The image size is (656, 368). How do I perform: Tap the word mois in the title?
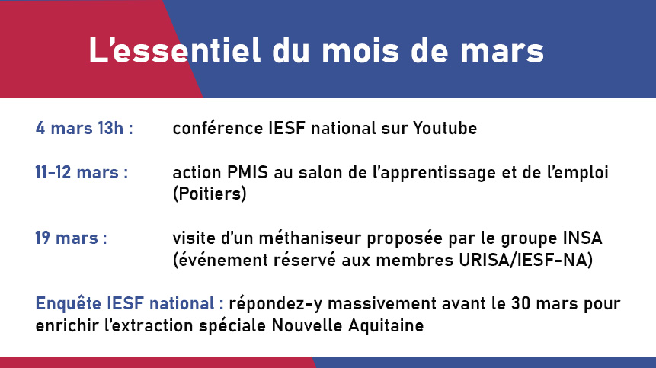click(x=360, y=50)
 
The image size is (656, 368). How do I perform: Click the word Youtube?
click(x=445, y=128)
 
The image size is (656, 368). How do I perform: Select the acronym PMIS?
click(x=248, y=172)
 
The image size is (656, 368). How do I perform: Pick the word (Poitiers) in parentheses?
click(x=210, y=194)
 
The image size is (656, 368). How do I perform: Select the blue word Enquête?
click(x=69, y=303)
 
